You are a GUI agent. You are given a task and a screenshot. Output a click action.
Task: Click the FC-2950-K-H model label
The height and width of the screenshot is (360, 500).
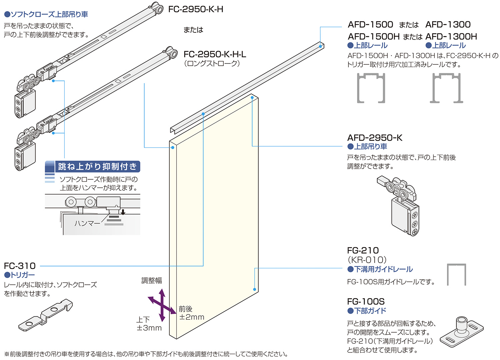pos(196,9)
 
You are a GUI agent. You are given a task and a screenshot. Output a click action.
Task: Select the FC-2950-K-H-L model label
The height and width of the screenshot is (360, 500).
pos(215,54)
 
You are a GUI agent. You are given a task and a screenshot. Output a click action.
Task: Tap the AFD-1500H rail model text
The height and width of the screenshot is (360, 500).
pos(373,37)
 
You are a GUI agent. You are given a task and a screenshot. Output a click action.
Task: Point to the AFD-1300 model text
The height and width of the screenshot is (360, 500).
pos(448,25)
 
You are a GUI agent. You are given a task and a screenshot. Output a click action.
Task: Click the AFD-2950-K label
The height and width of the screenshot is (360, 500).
pos(375,138)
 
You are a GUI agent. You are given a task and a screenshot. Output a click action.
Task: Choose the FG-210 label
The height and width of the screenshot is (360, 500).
pos(363,250)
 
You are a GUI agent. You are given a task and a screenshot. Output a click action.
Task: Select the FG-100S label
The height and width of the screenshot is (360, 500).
pos(366,302)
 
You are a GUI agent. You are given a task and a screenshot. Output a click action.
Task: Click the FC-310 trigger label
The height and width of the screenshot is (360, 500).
pos(20,266)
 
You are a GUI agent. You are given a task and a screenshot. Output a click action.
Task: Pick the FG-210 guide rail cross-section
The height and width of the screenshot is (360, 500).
pos(456,275)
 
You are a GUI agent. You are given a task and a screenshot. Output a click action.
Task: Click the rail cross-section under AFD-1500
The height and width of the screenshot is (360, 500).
pos(371,88)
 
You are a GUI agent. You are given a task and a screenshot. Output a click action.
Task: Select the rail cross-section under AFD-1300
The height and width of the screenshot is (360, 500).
pos(446,88)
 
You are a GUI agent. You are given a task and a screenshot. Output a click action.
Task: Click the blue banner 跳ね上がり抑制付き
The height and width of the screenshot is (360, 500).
pos(97,166)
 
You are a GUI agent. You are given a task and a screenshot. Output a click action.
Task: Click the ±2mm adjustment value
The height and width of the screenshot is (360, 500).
pos(192,317)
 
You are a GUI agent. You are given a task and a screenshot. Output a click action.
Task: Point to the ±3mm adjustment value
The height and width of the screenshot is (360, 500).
pos(149,328)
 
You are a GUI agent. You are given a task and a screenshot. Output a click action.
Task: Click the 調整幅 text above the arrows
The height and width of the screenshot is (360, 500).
pos(152,280)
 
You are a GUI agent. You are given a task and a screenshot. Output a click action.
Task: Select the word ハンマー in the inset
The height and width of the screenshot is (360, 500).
pos(87,223)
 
